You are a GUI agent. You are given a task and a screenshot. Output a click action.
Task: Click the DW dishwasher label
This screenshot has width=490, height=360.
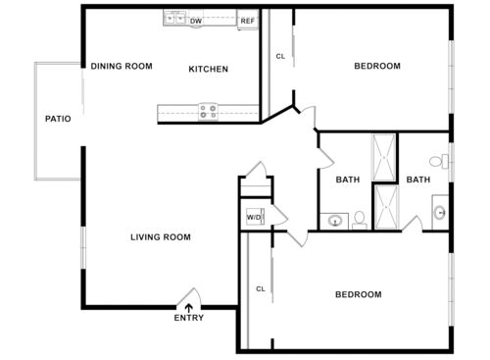[x=196, y=20]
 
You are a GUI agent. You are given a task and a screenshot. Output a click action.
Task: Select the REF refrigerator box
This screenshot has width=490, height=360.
[x=248, y=20]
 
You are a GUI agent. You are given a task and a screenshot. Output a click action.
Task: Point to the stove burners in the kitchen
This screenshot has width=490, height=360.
[x=208, y=112]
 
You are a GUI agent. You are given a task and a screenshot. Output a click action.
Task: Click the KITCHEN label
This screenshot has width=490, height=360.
[x=208, y=69]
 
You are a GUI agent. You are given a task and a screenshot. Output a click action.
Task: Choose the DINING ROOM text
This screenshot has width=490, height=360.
[x=122, y=67]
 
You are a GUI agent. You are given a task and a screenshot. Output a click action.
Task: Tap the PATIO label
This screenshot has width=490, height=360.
[x=58, y=120]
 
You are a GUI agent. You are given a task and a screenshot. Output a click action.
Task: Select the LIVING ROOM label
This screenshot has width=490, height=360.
[x=161, y=237]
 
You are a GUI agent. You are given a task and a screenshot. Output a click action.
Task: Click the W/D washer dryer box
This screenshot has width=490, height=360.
[x=254, y=217]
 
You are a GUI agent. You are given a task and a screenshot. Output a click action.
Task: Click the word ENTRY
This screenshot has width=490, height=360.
[x=189, y=318]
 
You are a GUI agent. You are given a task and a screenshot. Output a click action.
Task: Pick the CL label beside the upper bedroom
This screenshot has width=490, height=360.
[x=280, y=57]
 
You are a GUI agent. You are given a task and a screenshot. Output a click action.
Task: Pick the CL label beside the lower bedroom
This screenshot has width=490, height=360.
[x=261, y=288]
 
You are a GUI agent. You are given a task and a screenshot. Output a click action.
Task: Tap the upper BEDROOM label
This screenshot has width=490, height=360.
[x=377, y=66]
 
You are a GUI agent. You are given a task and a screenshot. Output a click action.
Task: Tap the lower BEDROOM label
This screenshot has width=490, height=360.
[x=359, y=294]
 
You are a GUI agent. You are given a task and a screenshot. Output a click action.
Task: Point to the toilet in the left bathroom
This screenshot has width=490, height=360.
[x=359, y=220]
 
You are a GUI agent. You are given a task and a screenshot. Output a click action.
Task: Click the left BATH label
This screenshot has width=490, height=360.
[x=348, y=180]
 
